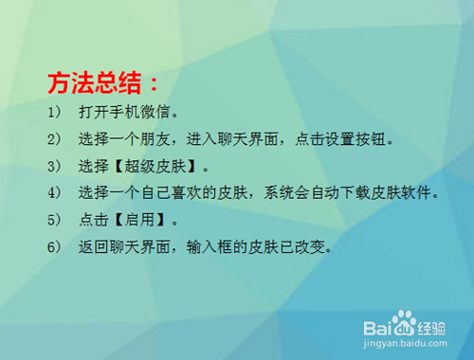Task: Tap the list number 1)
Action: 53,114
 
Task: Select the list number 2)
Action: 53,140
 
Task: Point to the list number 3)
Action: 53,168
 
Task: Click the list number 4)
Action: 53,194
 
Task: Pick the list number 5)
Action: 53,222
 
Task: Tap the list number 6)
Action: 53,248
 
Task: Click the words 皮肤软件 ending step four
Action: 410,194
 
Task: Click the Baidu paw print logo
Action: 404,325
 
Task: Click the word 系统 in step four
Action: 280,194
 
